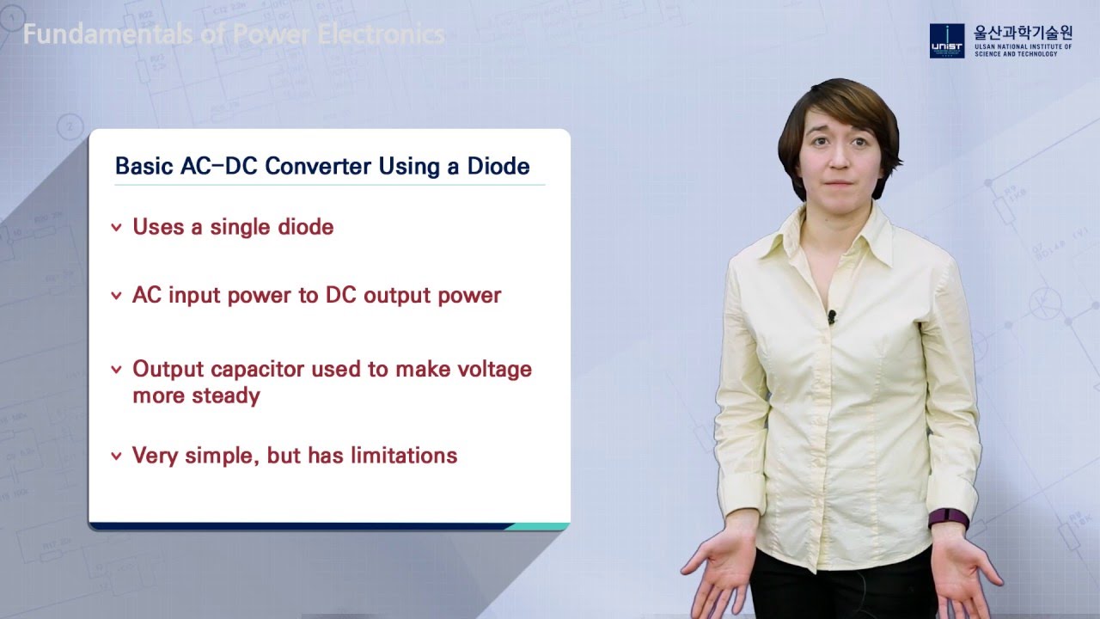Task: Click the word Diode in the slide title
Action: [498, 166]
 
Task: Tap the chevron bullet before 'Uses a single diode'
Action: [116, 228]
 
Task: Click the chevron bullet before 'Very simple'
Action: [116, 457]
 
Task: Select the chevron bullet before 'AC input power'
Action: [116, 297]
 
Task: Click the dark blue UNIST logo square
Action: [947, 40]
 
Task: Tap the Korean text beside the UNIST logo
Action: [1023, 34]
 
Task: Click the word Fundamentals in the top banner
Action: [95, 34]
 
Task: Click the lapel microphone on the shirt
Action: [831, 317]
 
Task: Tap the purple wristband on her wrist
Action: [948, 518]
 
